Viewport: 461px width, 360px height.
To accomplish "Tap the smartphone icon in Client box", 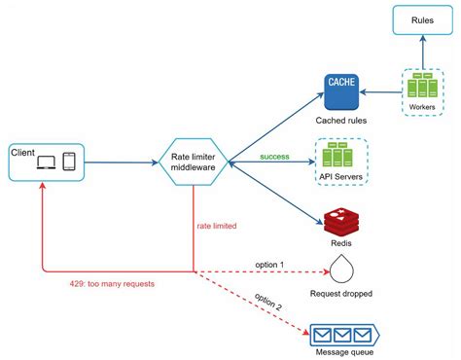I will click(70, 162).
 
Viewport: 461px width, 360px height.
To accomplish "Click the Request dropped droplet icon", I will click(343, 268).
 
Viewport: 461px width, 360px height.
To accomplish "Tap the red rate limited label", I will click(216, 226).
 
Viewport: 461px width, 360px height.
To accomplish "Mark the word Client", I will click(23, 152).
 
